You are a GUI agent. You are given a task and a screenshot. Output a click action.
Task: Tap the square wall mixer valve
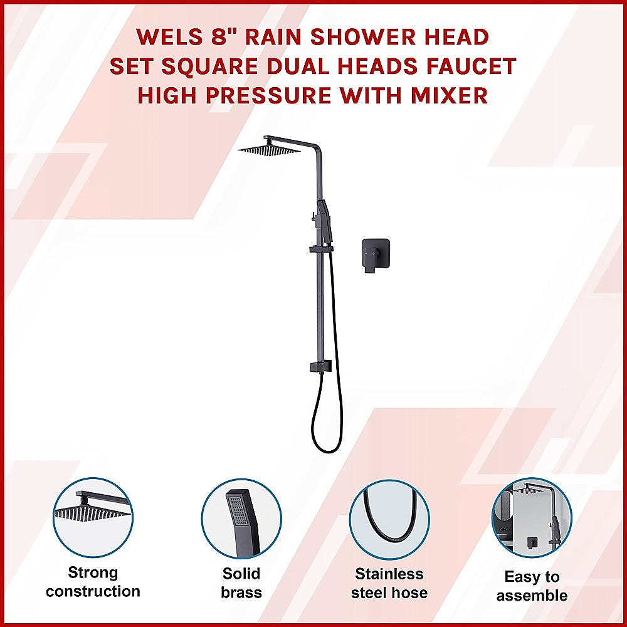tap(376, 254)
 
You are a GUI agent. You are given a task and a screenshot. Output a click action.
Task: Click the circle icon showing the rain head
tap(93, 517)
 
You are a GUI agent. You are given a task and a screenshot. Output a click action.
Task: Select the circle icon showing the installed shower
tap(532, 517)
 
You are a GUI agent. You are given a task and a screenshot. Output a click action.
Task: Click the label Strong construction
tap(93, 582)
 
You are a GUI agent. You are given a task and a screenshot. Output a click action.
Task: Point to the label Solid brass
tap(241, 583)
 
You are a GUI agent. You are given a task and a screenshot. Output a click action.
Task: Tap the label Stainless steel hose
tap(389, 583)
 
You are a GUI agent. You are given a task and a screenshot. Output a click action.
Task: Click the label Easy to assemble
tap(532, 586)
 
